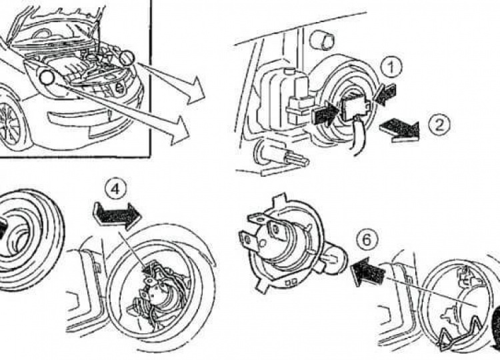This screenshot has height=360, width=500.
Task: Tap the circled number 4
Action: click(116, 189)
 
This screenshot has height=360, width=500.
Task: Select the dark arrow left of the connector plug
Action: click(325, 113)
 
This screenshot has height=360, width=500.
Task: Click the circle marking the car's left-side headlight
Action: click(46, 78)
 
